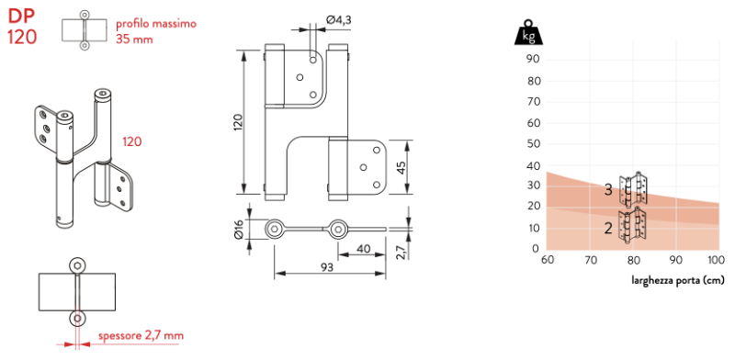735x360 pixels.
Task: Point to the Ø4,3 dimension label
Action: [338, 19]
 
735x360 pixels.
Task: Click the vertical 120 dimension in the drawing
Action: [239, 122]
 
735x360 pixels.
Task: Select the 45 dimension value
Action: [401, 167]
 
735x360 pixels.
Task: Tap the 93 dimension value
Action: [327, 267]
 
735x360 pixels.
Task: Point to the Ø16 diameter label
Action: [239, 230]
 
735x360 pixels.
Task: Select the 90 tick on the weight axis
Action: [534, 59]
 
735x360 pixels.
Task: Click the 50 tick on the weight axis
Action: [534, 144]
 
